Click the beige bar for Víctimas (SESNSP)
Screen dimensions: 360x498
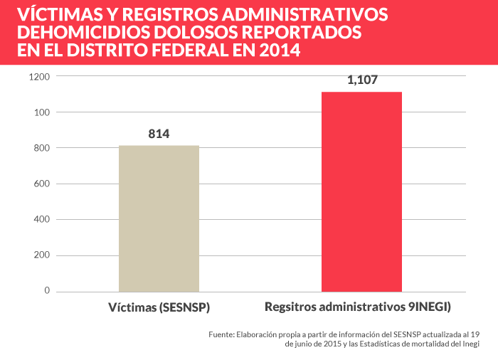(x=159, y=218)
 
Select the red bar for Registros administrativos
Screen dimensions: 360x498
(x=361, y=191)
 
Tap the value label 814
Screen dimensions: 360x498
(x=159, y=134)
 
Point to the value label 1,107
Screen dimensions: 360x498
(x=362, y=80)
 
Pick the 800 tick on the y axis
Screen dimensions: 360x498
(x=41, y=148)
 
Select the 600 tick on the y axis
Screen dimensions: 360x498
(x=41, y=184)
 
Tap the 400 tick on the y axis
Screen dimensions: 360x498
(x=41, y=219)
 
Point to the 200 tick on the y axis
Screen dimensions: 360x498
(x=41, y=255)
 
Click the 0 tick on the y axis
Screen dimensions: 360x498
(x=47, y=291)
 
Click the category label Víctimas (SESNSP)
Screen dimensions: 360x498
(x=159, y=307)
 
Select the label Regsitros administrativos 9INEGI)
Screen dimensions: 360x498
(x=359, y=307)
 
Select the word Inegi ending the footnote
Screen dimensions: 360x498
(x=469, y=344)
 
